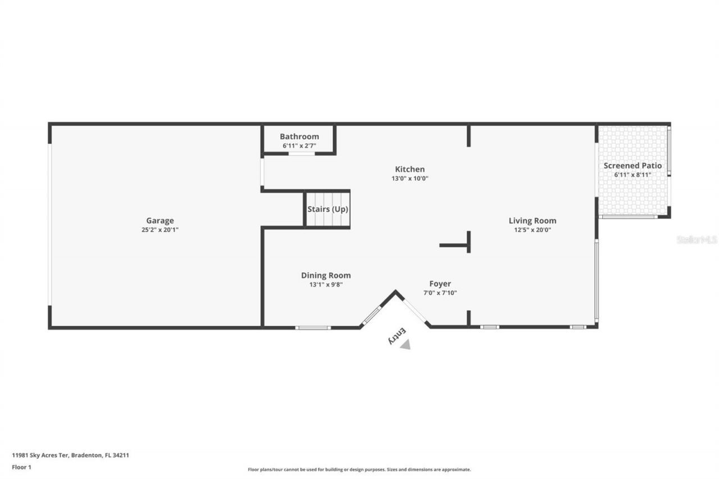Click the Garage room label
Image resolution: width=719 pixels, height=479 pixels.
tap(160, 221)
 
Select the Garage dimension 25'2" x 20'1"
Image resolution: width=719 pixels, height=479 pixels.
tap(160, 230)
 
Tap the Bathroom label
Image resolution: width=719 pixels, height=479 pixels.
tap(299, 136)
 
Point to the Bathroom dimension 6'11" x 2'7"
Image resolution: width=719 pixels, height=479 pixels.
tap(299, 145)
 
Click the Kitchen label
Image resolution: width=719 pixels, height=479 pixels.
tap(409, 169)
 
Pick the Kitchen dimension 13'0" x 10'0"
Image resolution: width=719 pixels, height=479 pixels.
tap(409, 179)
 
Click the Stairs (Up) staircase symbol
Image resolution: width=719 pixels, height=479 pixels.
tap(327, 209)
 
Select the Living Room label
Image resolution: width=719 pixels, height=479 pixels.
tap(533, 221)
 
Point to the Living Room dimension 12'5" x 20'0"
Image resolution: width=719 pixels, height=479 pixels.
tap(533, 230)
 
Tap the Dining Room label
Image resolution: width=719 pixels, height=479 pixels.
tap(326, 275)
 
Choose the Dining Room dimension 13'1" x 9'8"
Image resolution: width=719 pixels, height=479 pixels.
tap(326, 285)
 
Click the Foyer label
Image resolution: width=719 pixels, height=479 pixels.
tap(440, 284)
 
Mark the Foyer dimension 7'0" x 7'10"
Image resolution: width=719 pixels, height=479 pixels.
tap(440, 293)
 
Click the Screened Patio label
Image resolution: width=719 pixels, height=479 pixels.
tap(632, 166)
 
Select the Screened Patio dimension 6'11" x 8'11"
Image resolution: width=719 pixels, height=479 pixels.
tap(632, 175)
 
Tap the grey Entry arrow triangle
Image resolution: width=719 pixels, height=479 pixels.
tap(405, 345)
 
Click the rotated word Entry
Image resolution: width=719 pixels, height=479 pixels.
tap(397, 336)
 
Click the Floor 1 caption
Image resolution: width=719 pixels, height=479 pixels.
tap(21, 467)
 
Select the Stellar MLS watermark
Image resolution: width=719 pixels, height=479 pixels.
tap(697, 240)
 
